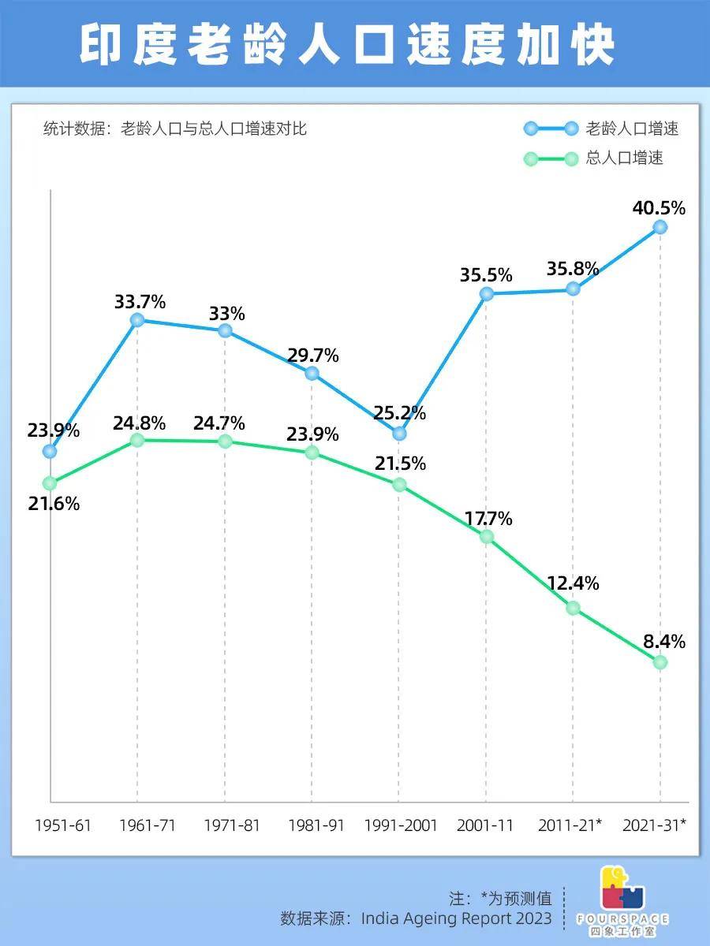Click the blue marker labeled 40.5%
pyautogui.click(x=660, y=227)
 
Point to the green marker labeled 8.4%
pyautogui.click(x=660, y=662)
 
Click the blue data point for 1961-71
pyautogui.click(x=137, y=319)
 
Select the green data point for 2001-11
pyautogui.click(x=486, y=537)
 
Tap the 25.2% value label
pyautogui.click(x=400, y=413)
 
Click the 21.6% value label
pyautogui.click(x=54, y=504)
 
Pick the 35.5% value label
pyautogui.click(x=486, y=275)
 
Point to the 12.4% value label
pyautogui.click(x=573, y=584)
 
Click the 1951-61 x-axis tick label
pyautogui.click(x=63, y=825)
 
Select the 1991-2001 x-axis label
pyautogui.click(x=400, y=825)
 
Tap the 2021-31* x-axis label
pyautogui.click(x=654, y=825)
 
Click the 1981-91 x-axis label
pyautogui.click(x=316, y=825)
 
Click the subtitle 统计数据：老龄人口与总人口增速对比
pyautogui.click(x=175, y=129)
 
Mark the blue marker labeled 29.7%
pyautogui.click(x=312, y=373)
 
